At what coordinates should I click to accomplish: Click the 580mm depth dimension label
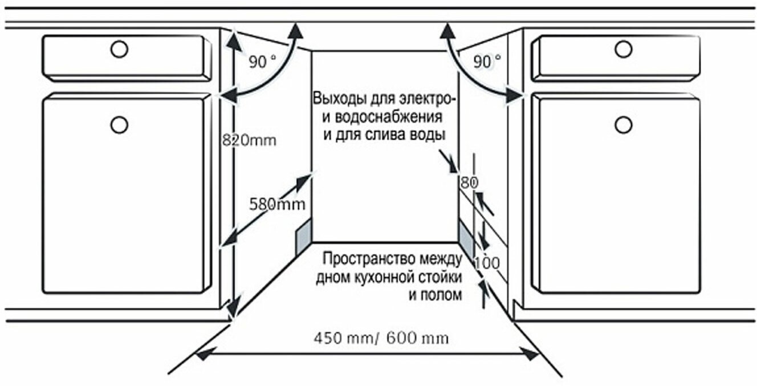[x=276, y=204]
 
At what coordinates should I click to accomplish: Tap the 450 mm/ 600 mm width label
[x=381, y=338]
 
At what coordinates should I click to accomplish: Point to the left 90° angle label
[x=261, y=62]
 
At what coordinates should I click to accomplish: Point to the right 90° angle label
[x=488, y=61]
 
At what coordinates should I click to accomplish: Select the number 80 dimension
[x=468, y=183]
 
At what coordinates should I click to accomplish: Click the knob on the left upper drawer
[x=119, y=50]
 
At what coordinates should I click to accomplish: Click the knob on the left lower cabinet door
[x=119, y=124]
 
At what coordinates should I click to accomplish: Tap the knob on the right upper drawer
[x=624, y=50]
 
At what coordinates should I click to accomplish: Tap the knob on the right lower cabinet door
[x=624, y=124]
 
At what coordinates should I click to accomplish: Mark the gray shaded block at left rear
[x=302, y=234]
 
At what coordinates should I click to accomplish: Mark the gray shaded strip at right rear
[x=466, y=239]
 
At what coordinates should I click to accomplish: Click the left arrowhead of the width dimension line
[x=201, y=354]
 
